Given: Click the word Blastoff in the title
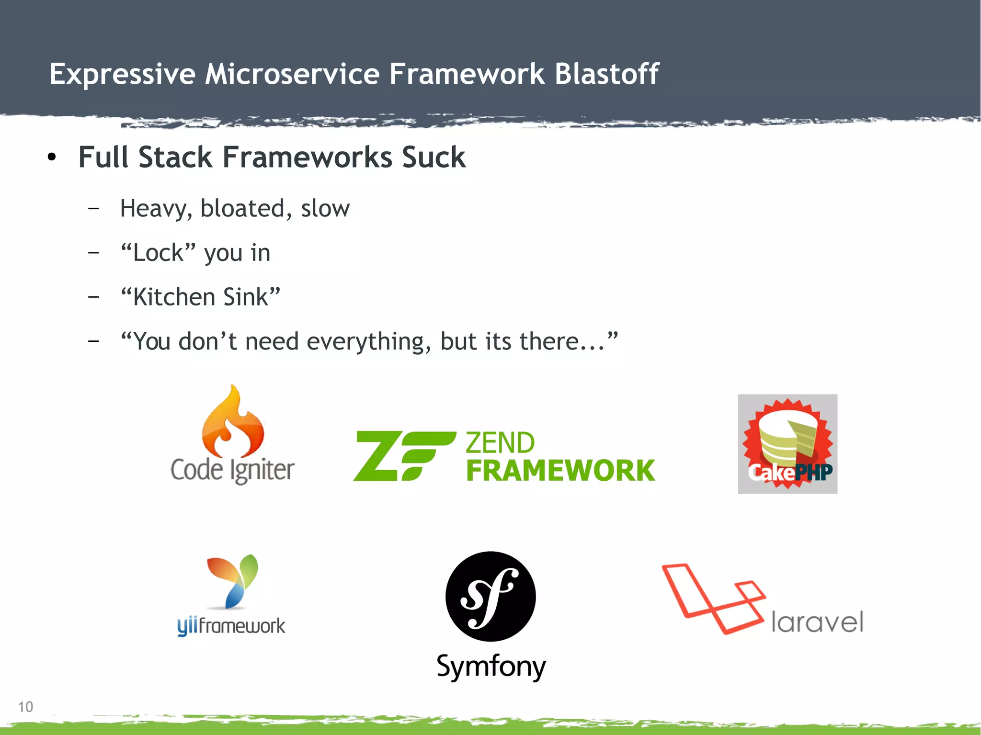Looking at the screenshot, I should click(606, 74).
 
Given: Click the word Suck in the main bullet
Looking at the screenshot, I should click(433, 157).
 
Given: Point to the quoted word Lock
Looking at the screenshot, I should click(159, 252).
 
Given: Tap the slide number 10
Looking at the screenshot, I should click(25, 707).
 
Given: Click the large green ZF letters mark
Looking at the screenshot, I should click(403, 456).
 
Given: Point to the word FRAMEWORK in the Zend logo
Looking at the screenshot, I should click(560, 471).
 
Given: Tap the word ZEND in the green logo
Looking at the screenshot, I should click(500, 442).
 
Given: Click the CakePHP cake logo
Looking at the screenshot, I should click(787, 444).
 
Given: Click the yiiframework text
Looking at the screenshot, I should click(231, 626).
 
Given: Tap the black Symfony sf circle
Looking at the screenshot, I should click(490, 597).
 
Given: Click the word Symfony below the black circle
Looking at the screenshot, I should click(491, 667).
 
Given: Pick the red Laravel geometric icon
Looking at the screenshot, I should click(713, 599).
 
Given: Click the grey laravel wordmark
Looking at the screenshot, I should click(817, 622).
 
